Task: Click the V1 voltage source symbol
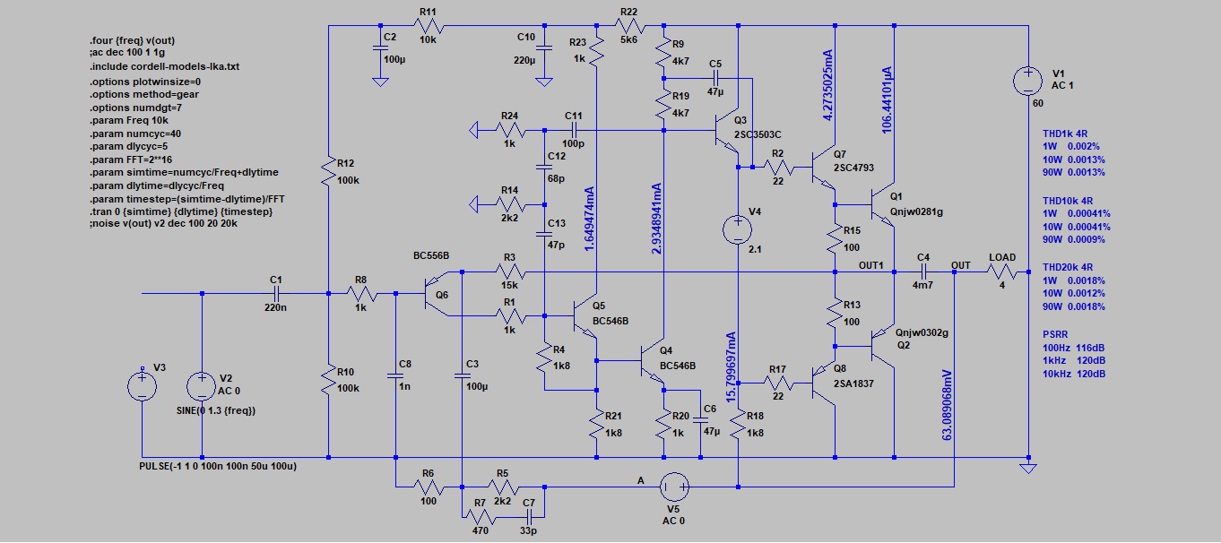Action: pyautogui.click(x=1027, y=83)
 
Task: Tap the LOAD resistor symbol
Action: pyautogui.click(x=1002, y=271)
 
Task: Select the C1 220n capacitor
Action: pyautogui.click(x=276, y=293)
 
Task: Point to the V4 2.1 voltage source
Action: pyautogui.click(x=737, y=228)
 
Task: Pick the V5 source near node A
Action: pyautogui.click(x=674, y=487)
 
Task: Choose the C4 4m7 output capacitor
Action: pyautogui.click(x=922, y=271)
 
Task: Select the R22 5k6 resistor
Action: pyautogui.click(x=628, y=25)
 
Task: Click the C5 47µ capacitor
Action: pyautogui.click(x=714, y=79)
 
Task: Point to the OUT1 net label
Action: pyautogui.click(x=871, y=265)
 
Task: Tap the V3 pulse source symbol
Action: pyautogui.click(x=141, y=386)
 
